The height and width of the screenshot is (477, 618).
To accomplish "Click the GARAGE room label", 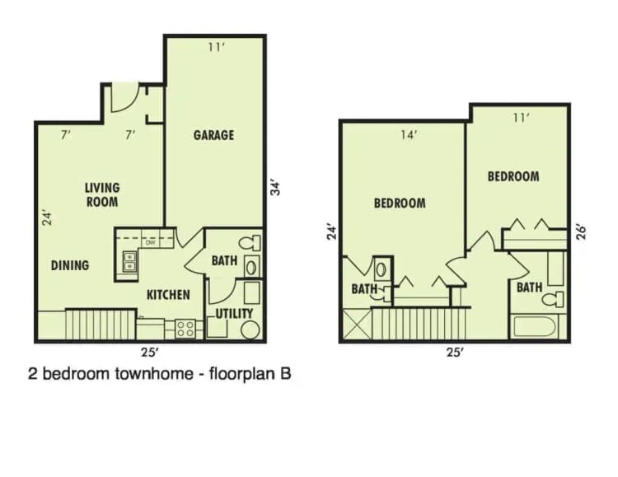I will click(x=213, y=134).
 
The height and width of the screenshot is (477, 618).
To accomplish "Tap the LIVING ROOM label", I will click(x=101, y=194).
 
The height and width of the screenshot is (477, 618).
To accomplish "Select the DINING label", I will click(x=69, y=265).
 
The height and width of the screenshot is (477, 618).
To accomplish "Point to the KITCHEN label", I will click(x=168, y=294).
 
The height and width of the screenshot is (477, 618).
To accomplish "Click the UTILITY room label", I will click(x=235, y=314).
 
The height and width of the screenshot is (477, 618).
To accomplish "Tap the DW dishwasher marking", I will click(x=150, y=243).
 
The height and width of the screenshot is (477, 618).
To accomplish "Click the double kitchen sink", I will click(x=129, y=262).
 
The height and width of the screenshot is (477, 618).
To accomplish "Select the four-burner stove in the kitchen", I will click(x=185, y=329).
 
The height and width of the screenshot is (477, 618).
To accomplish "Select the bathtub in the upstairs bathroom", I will click(x=538, y=325).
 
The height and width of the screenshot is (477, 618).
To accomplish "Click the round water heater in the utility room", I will click(x=250, y=330).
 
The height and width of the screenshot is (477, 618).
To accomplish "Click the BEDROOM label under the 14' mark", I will click(x=400, y=203).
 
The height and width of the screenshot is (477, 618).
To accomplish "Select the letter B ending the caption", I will click(x=285, y=373).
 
